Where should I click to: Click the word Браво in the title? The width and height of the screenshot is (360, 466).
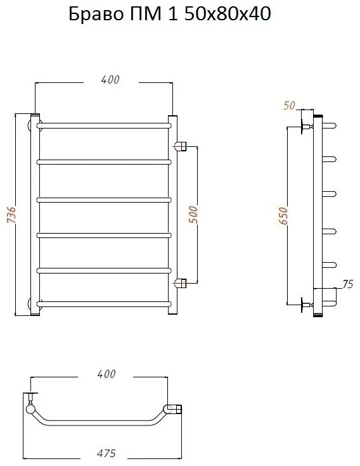[96, 15]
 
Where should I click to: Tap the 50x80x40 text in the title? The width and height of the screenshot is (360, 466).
[228, 14]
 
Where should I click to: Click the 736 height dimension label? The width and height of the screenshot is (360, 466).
[11, 214]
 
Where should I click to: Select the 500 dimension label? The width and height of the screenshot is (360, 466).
[193, 214]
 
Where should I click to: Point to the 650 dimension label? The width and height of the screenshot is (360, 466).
[283, 216]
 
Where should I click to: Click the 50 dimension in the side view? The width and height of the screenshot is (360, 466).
[289, 106]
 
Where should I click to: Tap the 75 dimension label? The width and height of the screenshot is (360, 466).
[347, 284]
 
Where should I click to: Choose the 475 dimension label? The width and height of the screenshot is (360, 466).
[106, 453]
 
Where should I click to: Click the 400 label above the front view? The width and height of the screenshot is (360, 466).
[110, 80]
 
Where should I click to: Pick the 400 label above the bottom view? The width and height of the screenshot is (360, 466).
[106, 374]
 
